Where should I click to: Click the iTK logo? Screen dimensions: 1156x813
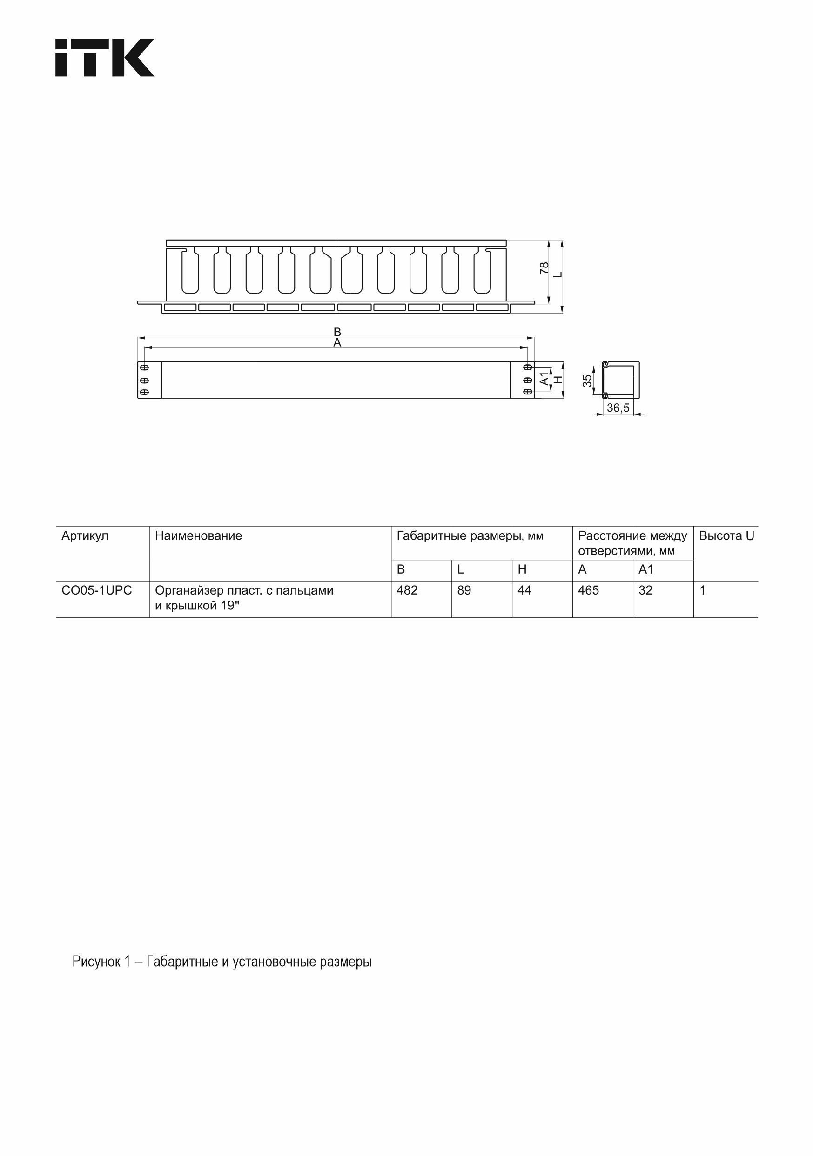104,57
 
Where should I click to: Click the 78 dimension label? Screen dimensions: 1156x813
544,268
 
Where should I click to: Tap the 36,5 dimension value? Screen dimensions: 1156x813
618,408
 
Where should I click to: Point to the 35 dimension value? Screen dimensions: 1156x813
587,381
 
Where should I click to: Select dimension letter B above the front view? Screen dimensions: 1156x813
337,332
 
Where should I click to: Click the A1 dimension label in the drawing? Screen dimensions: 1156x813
544,378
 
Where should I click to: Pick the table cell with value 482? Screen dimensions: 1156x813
407,590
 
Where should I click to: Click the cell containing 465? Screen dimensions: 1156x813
588,590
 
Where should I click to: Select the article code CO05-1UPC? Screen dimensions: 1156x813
97,590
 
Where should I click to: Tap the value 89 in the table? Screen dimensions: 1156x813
464,590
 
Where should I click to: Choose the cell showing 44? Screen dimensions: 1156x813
524,590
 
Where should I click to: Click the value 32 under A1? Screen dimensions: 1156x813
645,590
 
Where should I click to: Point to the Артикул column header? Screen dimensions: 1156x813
85,536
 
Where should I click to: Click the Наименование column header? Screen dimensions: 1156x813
198,536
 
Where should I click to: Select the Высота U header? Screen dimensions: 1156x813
726,536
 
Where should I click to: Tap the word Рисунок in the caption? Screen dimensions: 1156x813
96,962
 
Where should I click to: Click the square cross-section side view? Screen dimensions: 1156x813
621,380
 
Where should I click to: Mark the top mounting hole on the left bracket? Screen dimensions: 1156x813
144,368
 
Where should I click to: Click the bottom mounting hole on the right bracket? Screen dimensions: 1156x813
527,392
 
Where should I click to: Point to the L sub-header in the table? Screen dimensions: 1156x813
460,569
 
